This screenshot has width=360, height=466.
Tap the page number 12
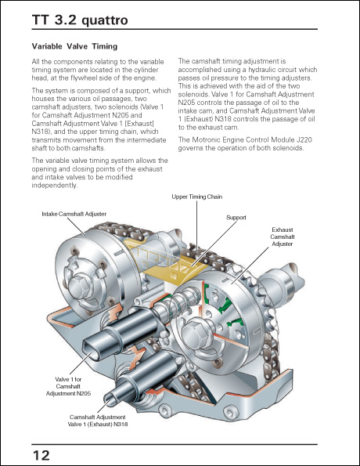pyautogui.click(x=41, y=455)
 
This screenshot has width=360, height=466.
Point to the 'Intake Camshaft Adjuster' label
pyautogui.click(x=74, y=213)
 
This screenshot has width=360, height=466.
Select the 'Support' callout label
pyautogui.click(x=236, y=216)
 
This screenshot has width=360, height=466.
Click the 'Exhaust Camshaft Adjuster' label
pyautogui.click(x=283, y=236)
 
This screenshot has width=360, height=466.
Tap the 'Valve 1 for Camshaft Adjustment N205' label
pyautogui.click(x=68, y=386)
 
